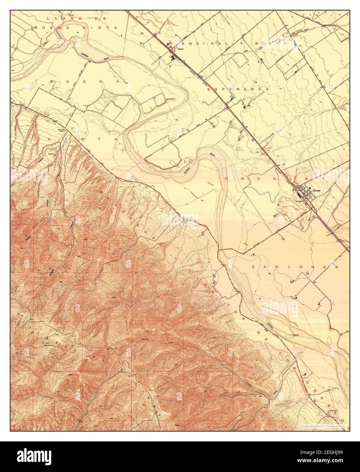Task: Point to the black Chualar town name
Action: point(317,190)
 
